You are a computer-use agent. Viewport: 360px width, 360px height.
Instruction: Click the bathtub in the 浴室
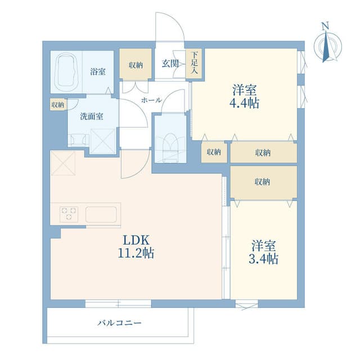66,72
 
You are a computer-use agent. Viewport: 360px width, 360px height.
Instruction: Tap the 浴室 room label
98,71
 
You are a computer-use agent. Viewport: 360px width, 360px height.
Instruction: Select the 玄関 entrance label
170,64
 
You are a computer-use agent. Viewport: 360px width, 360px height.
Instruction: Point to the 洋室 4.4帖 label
244,96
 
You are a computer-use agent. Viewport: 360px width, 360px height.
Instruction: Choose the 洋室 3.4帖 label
263,252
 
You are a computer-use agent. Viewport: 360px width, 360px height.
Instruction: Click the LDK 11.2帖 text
136,247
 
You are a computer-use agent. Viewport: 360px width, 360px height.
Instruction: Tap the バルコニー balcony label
119,323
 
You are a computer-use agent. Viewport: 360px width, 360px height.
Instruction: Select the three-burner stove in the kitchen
69,214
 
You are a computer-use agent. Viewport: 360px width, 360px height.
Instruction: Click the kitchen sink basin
101,214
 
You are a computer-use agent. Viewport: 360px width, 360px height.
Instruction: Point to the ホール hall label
151,100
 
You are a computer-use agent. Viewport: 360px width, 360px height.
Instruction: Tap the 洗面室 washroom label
91,116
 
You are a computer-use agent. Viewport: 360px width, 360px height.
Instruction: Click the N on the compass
325,26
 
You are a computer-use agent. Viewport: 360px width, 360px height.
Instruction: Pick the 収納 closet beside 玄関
136,65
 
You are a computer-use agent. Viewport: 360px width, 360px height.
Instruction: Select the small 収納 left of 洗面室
57,105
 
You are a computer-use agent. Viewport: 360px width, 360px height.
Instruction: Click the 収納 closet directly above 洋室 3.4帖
264,182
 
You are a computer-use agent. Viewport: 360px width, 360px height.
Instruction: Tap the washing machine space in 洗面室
103,141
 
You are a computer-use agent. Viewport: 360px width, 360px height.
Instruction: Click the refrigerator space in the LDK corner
62,163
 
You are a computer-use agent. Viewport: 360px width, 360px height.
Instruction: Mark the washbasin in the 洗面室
78,139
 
